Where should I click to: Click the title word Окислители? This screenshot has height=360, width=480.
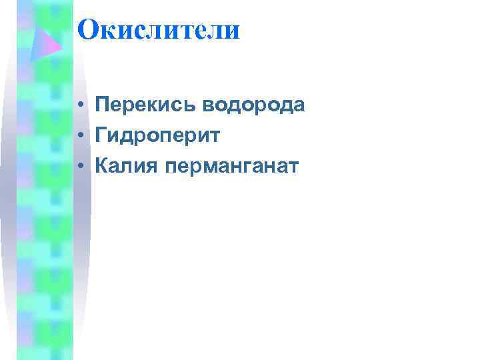click(158, 31)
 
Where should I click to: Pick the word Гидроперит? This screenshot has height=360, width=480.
click(158, 135)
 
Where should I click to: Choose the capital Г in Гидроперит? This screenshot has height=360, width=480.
click(101, 135)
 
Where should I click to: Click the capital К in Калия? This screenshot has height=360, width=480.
click(102, 165)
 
